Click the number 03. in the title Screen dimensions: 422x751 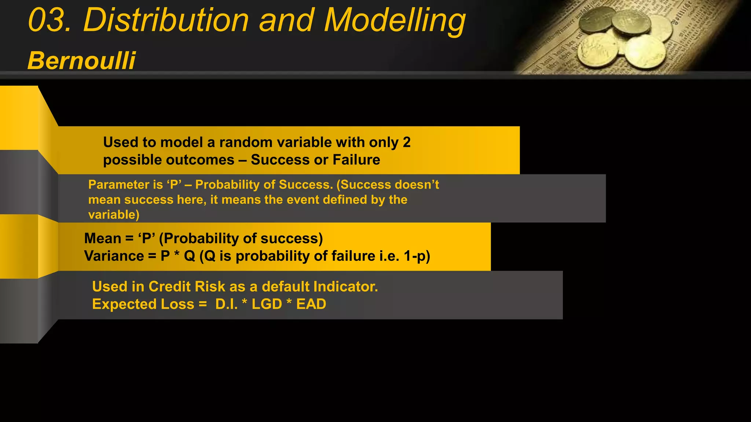coord(50,21)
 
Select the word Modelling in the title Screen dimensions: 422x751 coord(395,21)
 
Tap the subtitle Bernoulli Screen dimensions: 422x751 coord(81,60)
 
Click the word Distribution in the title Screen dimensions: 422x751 coord(166,21)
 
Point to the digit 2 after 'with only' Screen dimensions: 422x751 coord(407,142)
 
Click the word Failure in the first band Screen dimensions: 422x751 coord(356,160)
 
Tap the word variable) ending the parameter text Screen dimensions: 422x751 coord(114,215)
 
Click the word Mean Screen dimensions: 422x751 coord(103,238)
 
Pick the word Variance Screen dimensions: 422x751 coord(114,256)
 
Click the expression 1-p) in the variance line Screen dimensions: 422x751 coord(417,256)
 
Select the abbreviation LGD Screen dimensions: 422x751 coord(267,304)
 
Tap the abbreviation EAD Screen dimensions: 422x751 coord(311,304)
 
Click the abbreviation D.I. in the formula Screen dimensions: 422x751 coord(226,304)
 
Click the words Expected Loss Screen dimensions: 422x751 coord(143,304)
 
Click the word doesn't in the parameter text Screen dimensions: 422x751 coord(417,185)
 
